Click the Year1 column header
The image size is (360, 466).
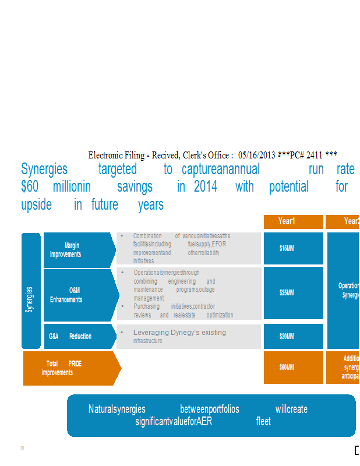[293, 221]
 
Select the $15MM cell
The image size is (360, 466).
[293, 248]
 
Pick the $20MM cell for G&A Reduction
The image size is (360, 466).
[293, 336]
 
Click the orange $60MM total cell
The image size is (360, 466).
[293, 368]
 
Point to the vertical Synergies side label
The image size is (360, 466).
[30, 291]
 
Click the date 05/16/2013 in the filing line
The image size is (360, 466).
[257, 155]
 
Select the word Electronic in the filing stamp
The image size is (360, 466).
[107, 155]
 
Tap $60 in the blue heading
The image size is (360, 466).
[30, 186]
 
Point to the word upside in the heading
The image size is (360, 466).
[36, 204]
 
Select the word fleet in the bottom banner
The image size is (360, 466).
[263, 421]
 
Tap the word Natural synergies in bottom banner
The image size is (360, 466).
[117, 409]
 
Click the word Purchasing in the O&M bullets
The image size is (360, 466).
[147, 306]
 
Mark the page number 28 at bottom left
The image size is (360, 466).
[22, 449]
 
